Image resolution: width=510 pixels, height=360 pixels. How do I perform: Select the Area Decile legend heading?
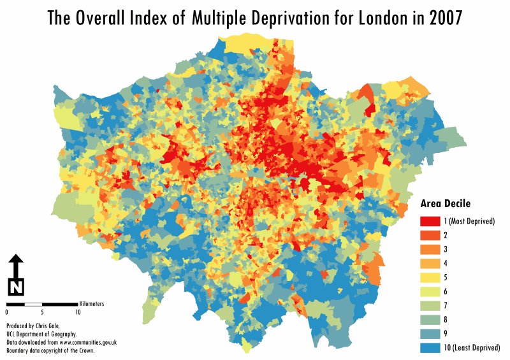[x=445, y=204]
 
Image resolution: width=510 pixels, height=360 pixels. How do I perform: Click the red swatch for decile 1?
[x=430, y=221]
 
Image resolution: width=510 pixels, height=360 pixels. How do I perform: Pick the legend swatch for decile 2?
[x=430, y=235]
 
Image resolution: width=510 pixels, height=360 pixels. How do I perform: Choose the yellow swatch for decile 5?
[x=430, y=277]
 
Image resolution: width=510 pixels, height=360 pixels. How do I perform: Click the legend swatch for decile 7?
[x=430, y=305]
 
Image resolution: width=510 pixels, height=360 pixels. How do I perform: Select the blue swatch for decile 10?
[x=430, y=347]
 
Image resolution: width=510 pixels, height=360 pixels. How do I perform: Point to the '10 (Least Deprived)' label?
[x=472, y=347]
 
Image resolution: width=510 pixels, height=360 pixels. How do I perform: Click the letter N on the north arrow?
[x=17, y=287]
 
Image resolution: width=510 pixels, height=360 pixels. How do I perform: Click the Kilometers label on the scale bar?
[x=92, y=304]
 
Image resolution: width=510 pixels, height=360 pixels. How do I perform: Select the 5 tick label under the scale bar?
[x=42, y=312]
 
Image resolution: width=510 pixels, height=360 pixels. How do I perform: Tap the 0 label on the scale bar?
[x=7, y=312]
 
